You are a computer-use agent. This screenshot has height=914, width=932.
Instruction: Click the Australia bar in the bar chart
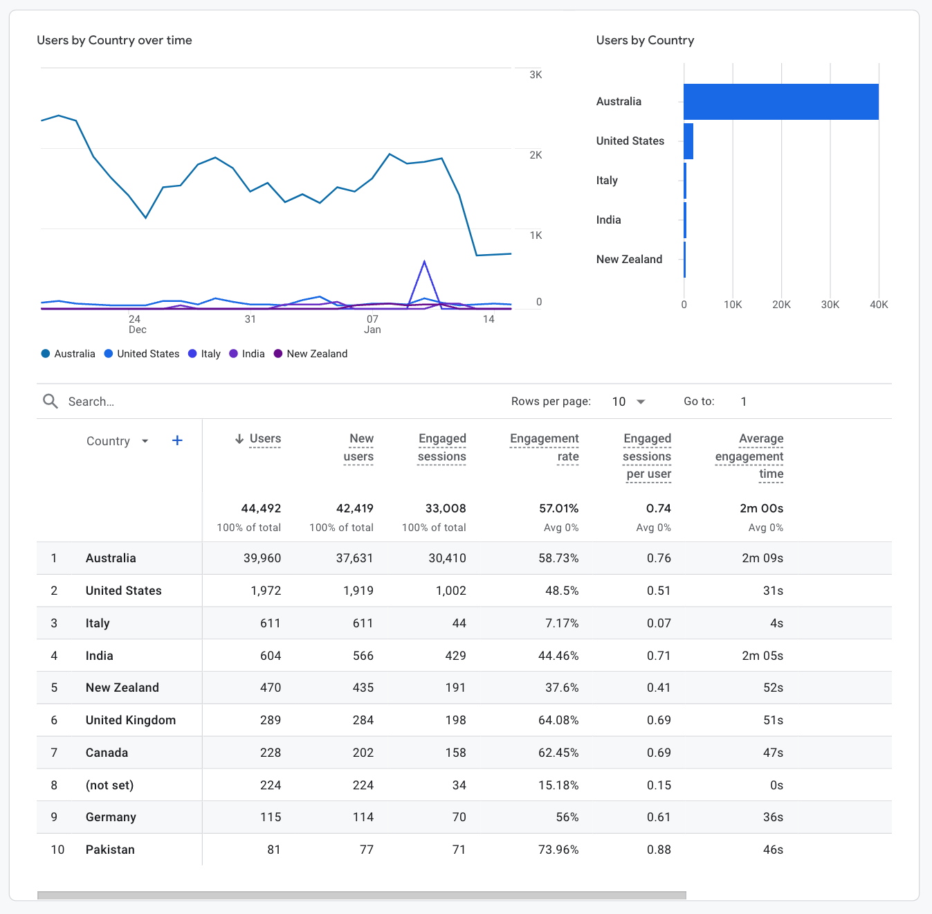780,102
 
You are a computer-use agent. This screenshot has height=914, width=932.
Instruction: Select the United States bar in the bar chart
688,141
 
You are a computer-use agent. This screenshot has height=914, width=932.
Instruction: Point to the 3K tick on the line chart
536,75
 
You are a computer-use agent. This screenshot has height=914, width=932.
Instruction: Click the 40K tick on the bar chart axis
879,305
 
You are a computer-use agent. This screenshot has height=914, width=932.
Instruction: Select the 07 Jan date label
372,324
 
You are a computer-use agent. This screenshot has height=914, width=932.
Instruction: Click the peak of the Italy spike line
424,262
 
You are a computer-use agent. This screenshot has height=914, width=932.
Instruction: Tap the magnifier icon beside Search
51,402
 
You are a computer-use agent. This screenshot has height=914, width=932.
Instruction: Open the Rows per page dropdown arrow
641,402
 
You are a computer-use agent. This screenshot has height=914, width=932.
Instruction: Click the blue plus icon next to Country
177,440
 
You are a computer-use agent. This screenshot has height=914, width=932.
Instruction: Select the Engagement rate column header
545,447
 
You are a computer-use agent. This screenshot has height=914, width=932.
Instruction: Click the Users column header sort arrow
239,439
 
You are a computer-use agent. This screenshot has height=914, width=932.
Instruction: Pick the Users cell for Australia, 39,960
262,558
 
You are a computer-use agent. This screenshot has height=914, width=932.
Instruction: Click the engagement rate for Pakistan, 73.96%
558,850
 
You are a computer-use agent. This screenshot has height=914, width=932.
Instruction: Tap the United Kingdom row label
131,720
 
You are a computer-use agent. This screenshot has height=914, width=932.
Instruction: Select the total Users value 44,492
261,508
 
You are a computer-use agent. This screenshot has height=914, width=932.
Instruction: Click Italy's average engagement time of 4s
776,623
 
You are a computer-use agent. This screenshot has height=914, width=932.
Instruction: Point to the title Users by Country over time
114,40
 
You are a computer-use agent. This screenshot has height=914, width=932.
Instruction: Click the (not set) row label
109,785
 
